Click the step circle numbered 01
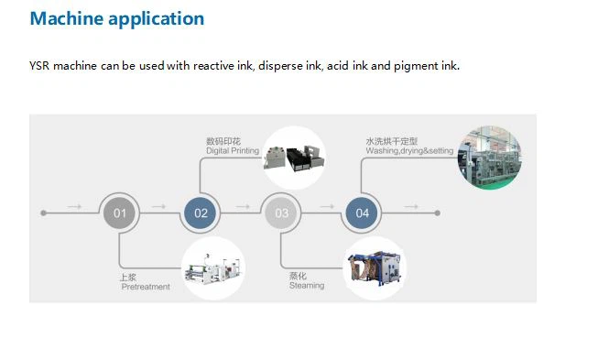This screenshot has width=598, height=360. (120, 213)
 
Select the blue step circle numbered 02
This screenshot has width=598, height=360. (201, 213)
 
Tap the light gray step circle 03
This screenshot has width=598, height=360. (281, 213)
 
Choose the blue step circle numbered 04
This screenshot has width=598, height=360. (362, 213)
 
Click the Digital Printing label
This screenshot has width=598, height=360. (233, 151)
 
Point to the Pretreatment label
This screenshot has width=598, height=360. (146, 287)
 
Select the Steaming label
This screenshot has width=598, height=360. (307, 285)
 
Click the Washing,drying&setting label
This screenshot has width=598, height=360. (409, 151)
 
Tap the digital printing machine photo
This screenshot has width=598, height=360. (294, 158)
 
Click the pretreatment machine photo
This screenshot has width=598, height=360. (213, 268)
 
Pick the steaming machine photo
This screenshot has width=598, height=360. (375, 268)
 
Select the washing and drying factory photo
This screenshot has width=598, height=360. (490, 158)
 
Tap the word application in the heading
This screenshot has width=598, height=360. (157, 19)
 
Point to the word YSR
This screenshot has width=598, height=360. (39, 66)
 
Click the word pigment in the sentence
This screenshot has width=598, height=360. (416, 66)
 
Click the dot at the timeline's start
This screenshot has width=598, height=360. (43, 213)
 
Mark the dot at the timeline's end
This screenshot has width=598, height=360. (438, 213)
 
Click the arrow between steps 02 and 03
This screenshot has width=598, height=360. (243, 206)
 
